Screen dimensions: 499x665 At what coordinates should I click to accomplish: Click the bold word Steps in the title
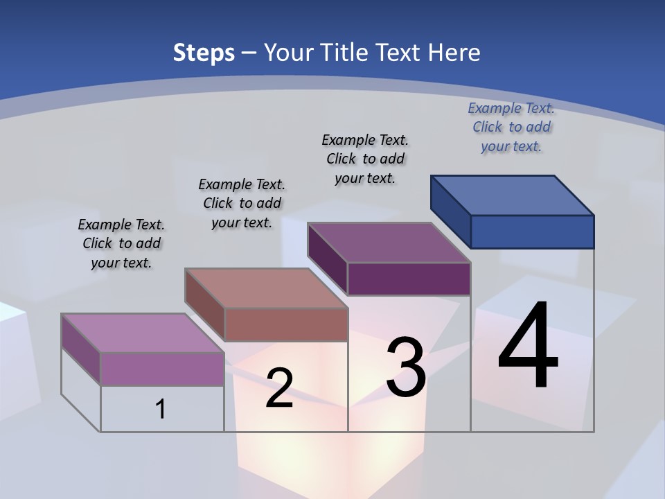204,53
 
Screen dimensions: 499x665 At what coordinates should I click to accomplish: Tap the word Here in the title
454,53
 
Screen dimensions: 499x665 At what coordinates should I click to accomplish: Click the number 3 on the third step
406,367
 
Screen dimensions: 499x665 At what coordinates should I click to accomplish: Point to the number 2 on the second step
279,388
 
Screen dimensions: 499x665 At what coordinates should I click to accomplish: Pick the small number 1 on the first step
161,409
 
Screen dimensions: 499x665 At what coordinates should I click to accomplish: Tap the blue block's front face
532,231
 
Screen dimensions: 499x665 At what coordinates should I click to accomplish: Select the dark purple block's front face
409,279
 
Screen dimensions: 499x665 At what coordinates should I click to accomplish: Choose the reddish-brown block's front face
285,324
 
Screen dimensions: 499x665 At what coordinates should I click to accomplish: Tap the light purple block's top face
143,333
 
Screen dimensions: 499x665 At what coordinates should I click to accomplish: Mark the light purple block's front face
162,369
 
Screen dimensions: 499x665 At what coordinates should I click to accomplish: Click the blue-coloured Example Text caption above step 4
511,127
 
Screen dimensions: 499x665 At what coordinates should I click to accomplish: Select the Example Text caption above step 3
365,159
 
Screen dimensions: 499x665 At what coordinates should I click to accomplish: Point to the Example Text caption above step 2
242,203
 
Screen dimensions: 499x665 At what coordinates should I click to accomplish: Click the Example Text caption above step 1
121,243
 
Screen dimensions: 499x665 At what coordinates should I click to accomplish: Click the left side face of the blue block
450,211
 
